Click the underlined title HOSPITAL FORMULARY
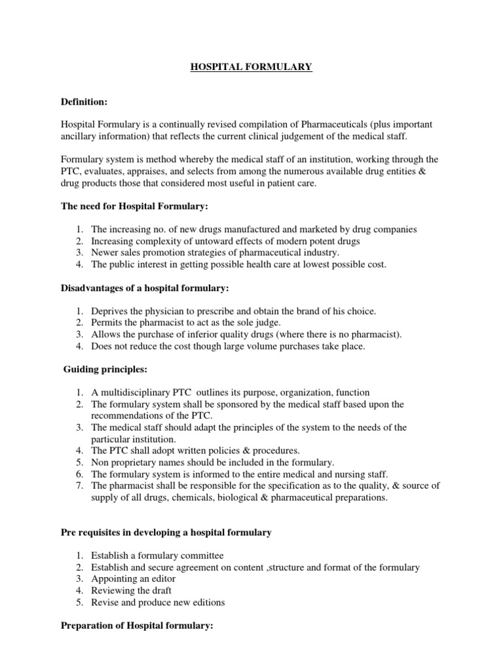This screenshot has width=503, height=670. pyautogui.click(x=251, y=67)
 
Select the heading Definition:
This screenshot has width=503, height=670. pyautogui.click(x=84, y=102)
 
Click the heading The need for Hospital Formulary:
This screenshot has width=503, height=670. pyautogui.click(x=134, y=206)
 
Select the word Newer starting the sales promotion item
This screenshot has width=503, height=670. pyautogui.click(x=105, y=253)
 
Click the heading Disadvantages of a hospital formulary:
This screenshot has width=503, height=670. pyautogui.click(x=143, y=288)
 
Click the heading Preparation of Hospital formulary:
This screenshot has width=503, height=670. pyautogui.click(x=137, y=626)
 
